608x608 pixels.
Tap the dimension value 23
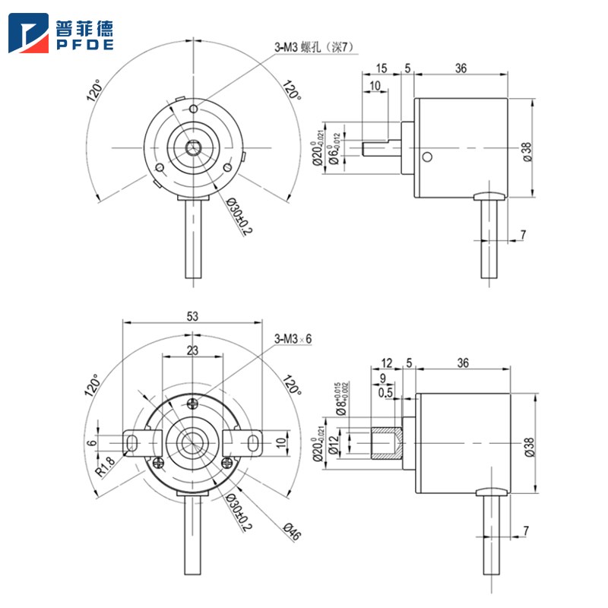192,350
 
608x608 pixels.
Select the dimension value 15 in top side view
381,68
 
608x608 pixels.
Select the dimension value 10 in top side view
375,86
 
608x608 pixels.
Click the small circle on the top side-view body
427,157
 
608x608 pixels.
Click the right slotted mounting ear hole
252,442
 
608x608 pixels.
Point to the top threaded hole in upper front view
195,109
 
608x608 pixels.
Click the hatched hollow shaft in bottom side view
385,444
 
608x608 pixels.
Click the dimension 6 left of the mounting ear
92,442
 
